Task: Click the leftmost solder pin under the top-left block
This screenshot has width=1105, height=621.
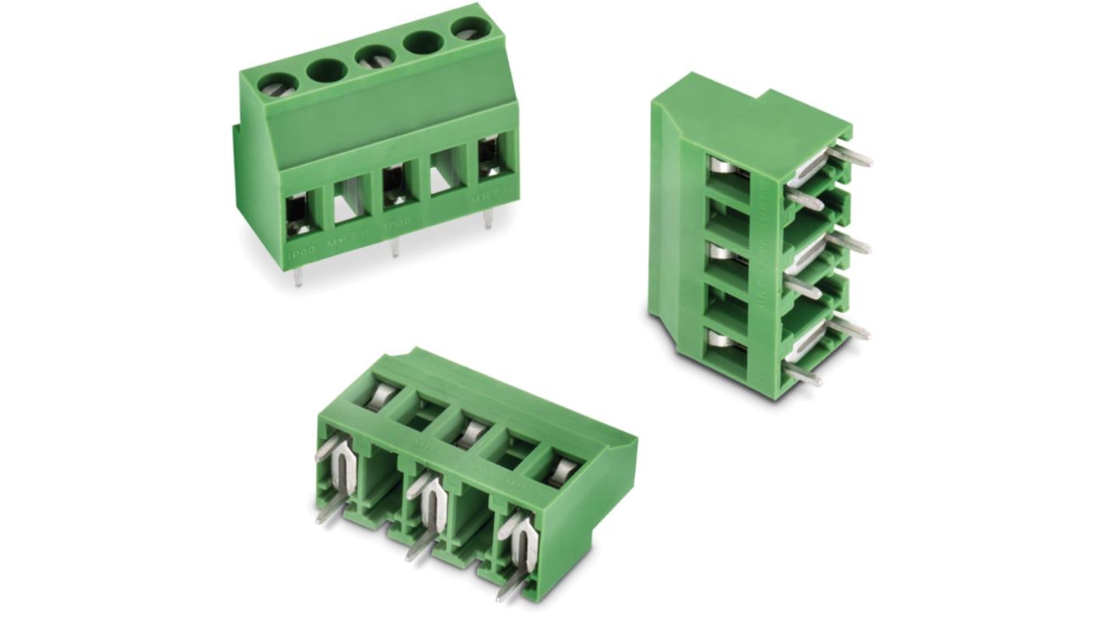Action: tap(298, 275)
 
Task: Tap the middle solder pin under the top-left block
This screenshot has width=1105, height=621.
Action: tap(395, 247)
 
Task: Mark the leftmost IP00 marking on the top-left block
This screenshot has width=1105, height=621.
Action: tap(301, 254)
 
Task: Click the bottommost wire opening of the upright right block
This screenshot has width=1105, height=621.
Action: tap(727, 346)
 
